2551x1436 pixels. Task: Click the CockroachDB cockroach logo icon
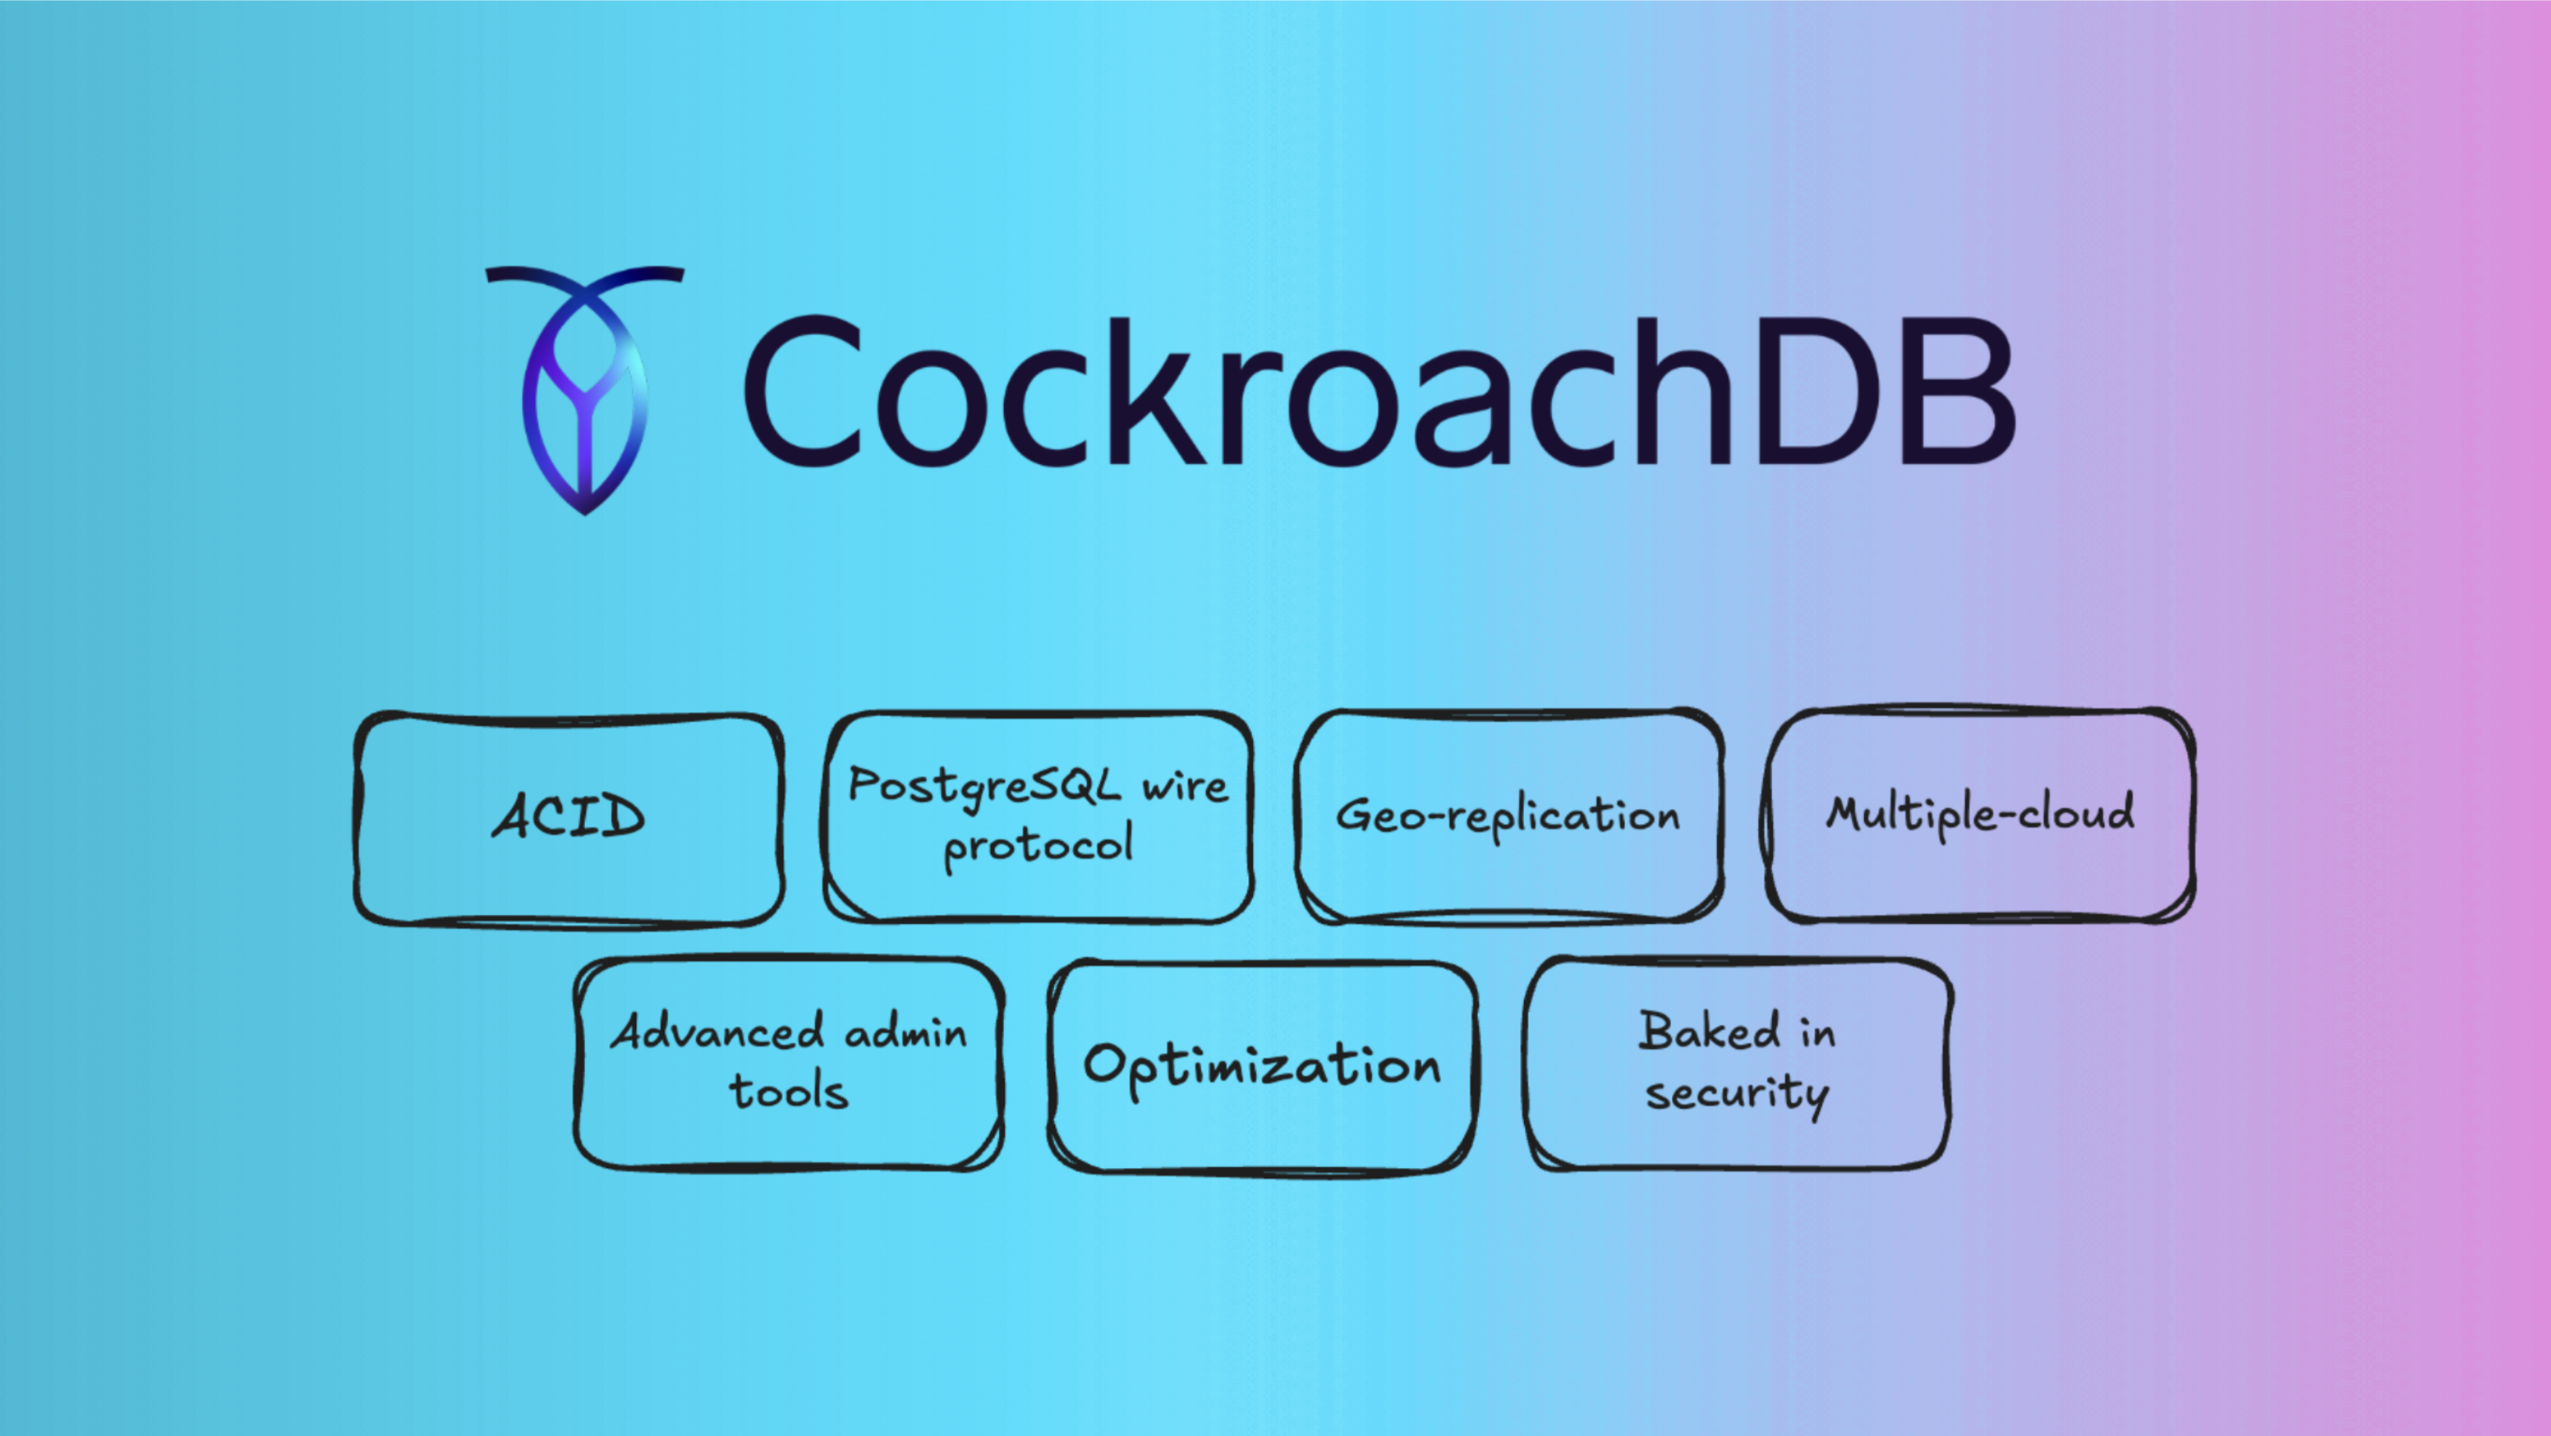pos(584,390)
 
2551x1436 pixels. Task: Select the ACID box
pos(570,819)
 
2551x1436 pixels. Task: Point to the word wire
pos(1185,787)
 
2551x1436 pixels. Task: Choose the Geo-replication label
pos(1508,816)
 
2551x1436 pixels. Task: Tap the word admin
pos(906,1032)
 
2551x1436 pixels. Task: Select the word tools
pos(788,1089)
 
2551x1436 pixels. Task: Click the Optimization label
pos(1261,1067)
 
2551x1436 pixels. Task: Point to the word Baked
pos(1709,1030)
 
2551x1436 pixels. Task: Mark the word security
pos(1737,1094)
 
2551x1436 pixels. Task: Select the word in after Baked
pos(1817,1032)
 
